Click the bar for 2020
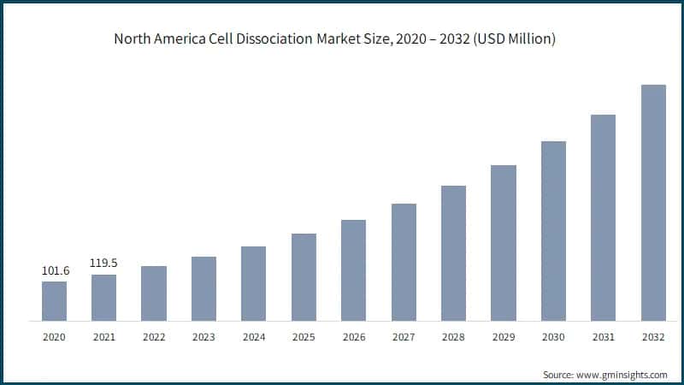[x=54, y=301]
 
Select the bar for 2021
[x=103, y=298]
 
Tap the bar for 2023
[x=203, y=289]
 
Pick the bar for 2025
[x=304, y=277]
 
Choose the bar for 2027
[x=404, y=263]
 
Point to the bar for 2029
[x=503, y=243]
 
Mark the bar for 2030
[x=553, y=231]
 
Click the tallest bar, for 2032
[x=653, y=203]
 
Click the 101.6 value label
[x=54, y=271]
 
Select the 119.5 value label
[x=103, y=264]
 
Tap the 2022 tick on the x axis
[x=154, y=337]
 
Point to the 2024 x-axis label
[x=254, y=337]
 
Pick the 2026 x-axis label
[x=353, y=337]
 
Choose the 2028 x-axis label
[x=453, y=337]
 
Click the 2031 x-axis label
[x=603, y=337]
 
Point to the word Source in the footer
[x=558, y=375]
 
